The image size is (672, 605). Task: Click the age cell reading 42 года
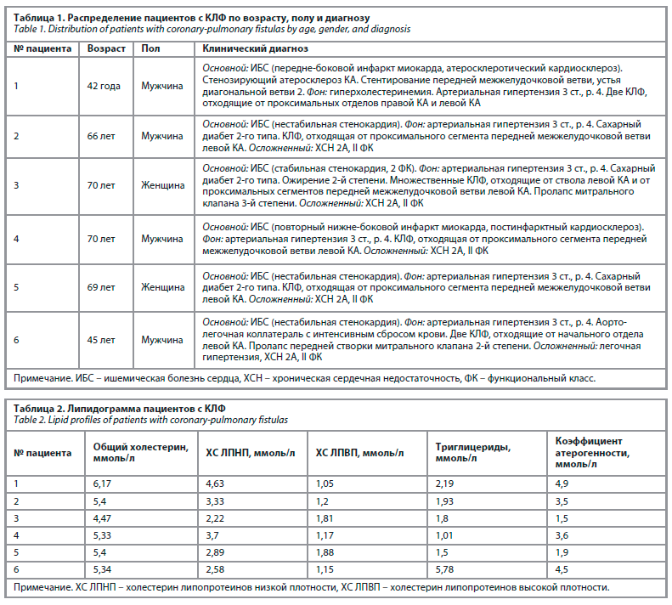(104, 85)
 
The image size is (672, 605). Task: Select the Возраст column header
(106, 48)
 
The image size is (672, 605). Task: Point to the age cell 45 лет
(103, 340)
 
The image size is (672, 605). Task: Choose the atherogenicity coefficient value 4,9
(562, 483)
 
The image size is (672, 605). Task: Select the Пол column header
(150, 48)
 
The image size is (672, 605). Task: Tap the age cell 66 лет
(102, 135)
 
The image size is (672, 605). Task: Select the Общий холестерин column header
(140, 446)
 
